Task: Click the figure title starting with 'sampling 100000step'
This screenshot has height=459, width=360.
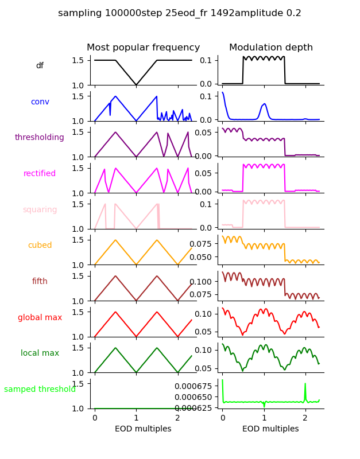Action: [x=180, y=13]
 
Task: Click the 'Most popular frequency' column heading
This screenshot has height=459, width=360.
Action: [x=144, y=48]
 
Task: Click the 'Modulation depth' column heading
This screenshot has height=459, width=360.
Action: [x=271, y=48]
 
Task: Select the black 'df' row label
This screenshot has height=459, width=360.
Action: [x=40, y=66]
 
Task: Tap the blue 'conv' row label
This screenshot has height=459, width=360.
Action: [x=40, y=102]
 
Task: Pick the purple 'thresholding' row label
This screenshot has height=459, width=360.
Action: [x=40, y=138]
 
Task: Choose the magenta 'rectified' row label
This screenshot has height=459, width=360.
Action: [x=40, y=174]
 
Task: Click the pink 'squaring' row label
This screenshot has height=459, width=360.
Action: [x=40, y=210]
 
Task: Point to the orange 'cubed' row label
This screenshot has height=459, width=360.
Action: [x=40, y=246]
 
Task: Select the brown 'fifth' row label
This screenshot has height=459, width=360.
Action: [x=40, y=282]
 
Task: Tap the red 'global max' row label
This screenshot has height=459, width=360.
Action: [x=40, y=317]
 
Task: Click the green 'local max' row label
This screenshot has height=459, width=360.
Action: [x=40, y=353]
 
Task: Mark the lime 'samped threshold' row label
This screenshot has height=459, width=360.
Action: [x=40, y=390]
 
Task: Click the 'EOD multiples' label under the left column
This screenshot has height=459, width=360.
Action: [x=143, y=429]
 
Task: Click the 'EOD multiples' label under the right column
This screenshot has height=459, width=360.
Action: [x=270, y=429]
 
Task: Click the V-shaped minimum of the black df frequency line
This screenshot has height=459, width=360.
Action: [x=136, y=85]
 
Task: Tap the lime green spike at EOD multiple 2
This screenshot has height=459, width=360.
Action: [x=305, y=384]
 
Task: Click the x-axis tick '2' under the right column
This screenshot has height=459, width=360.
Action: [x=305, y=418]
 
